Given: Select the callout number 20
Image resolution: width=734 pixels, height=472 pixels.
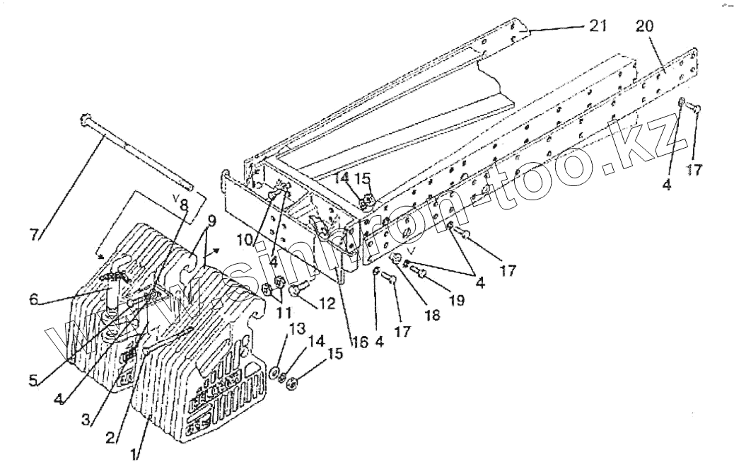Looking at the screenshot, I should tap(645, 26).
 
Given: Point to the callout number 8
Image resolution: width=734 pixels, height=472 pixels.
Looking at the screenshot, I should tap(183, 205).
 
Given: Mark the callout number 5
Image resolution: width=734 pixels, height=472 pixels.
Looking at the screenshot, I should tap(34, 380).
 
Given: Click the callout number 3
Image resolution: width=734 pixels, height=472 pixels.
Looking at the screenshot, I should tap(86, 419).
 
